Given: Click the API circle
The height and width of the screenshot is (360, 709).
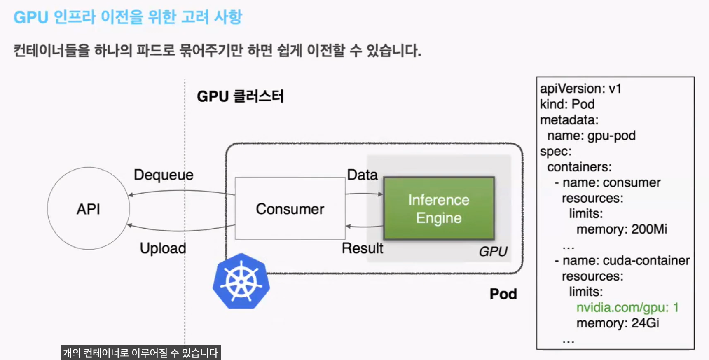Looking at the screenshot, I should click(89, 208).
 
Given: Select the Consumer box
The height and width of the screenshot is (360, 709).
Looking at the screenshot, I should click(290, 208).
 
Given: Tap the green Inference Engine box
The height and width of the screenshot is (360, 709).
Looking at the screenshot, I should click(439, 208).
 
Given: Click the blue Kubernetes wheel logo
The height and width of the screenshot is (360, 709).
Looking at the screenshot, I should click(241, 281).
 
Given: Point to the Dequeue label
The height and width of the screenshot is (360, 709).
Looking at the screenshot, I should click(164, 175).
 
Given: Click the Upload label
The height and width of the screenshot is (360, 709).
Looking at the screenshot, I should click(163, 248).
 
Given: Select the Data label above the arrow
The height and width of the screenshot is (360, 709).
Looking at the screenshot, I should click(362, 175).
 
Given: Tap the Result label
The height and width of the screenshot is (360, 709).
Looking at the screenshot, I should click(362, 248).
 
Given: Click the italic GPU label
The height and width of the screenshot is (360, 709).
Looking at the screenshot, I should click(493, 251).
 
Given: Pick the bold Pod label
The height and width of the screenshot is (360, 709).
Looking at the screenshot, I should click(503, 294).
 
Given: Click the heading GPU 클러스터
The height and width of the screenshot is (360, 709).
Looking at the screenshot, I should click(240, 96).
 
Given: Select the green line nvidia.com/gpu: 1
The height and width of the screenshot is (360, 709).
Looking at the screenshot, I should click(627, 307).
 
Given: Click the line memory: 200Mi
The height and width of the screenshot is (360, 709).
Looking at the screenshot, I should click(621, 229).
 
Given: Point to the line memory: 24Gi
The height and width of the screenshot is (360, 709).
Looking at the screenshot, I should click(618, 323).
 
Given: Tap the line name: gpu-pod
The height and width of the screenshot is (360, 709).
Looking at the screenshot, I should click(591, 136).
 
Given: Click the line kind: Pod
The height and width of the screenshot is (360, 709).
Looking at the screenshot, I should click(567, 104).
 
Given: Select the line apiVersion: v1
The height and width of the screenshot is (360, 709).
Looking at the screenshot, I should click(580, 89).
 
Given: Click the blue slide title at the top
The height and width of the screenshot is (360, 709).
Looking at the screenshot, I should click(128, 17).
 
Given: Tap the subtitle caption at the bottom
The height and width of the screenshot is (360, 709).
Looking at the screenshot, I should click(140, 353).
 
